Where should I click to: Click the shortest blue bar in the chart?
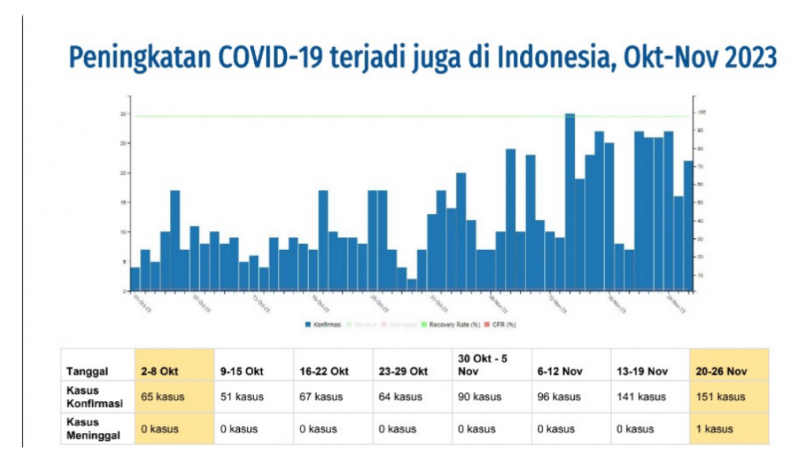(x=411, y=285)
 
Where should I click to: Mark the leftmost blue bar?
(x=134, y=279)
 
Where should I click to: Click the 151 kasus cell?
(x=720, y=397)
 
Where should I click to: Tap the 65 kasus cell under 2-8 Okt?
(x=163, y=397)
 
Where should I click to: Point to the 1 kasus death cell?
(x=714, y=429)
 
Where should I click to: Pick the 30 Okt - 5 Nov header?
(x=482, y=364)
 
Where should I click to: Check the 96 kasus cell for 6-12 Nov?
(x=560, y=397)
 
